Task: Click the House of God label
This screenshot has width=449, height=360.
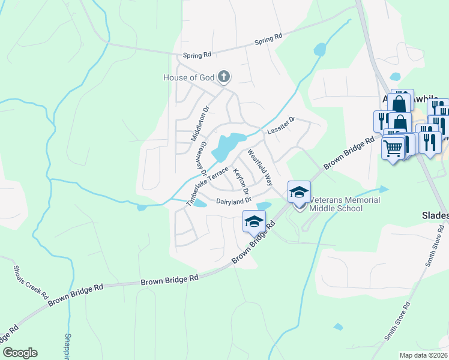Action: click(188, 77)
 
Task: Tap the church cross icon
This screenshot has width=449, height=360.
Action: click(224, 76)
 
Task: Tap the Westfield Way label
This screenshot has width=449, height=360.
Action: click(261, 167)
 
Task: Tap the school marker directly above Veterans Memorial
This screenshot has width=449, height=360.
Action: click(299, 192)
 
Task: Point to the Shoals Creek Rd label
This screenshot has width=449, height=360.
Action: click(30, 282)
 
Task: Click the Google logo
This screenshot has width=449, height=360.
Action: click(20, 353)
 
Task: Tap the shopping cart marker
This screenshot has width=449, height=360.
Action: click(393, 147)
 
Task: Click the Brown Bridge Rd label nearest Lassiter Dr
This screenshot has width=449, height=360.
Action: click(349, 152)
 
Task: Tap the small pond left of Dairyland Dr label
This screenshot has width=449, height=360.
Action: click(200, 203)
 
